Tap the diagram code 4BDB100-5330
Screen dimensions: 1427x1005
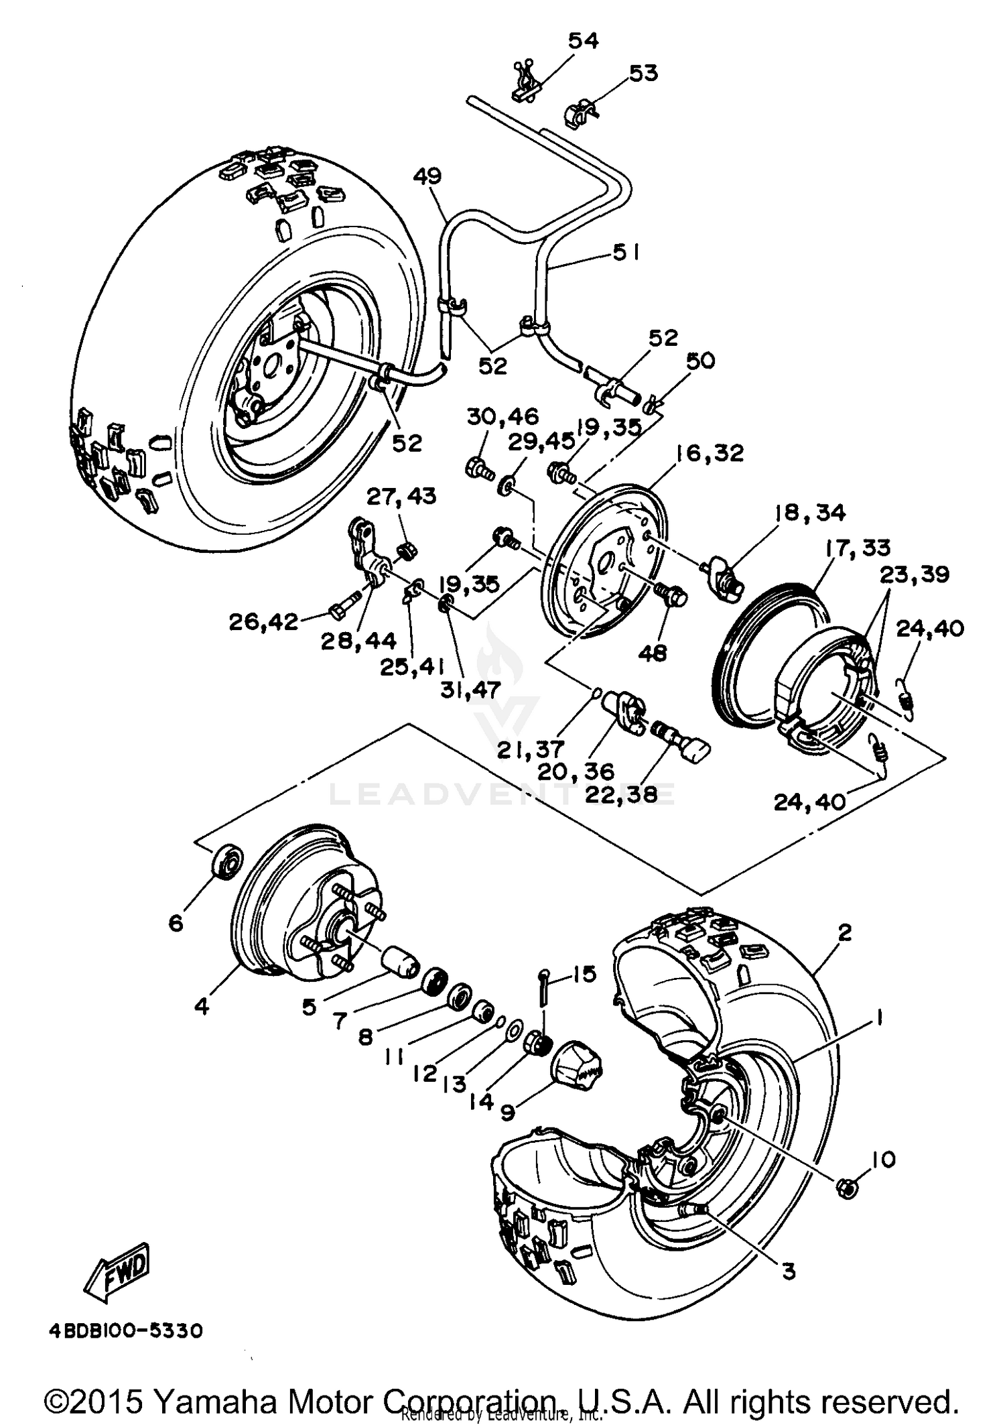pos(125,1330)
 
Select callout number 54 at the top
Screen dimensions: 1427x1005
pos(583,41)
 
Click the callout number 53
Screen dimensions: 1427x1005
pos(643,72)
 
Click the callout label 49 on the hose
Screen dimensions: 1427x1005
pos(427,176)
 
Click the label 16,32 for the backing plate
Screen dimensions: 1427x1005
pos(710,454)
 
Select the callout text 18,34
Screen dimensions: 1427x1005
pos(810,513)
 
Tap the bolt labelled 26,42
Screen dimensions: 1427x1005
pos(339,610)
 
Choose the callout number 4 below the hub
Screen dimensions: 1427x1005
pos(202,1005)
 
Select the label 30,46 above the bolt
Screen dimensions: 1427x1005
pos(503,416)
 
